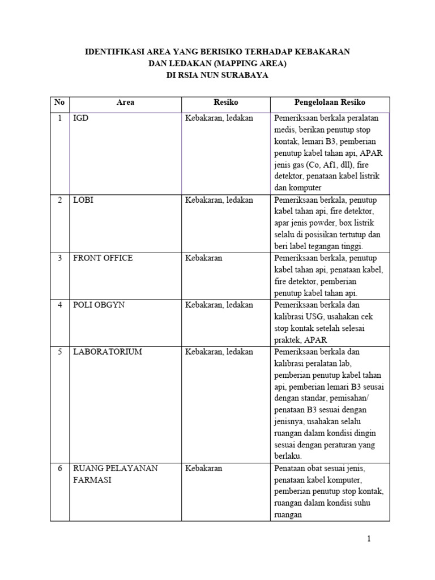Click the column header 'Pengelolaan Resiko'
coord(330,103)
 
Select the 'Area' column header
coord(125,103)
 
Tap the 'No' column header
coord(59,103)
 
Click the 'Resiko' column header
coord(225,103)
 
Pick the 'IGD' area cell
coord(80,118)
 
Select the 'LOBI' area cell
coord(83,200)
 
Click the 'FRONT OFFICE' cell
coord(103,258)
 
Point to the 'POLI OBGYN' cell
coord(99,305)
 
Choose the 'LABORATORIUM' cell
coord(107,352)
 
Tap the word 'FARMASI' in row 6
coord(92,480)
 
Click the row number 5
coord(59,352)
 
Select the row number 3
coord(59,258)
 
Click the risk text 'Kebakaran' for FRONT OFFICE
coord(203,258)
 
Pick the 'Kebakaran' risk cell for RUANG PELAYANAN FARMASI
coord(203,468)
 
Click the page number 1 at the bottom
coord(369,539)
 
